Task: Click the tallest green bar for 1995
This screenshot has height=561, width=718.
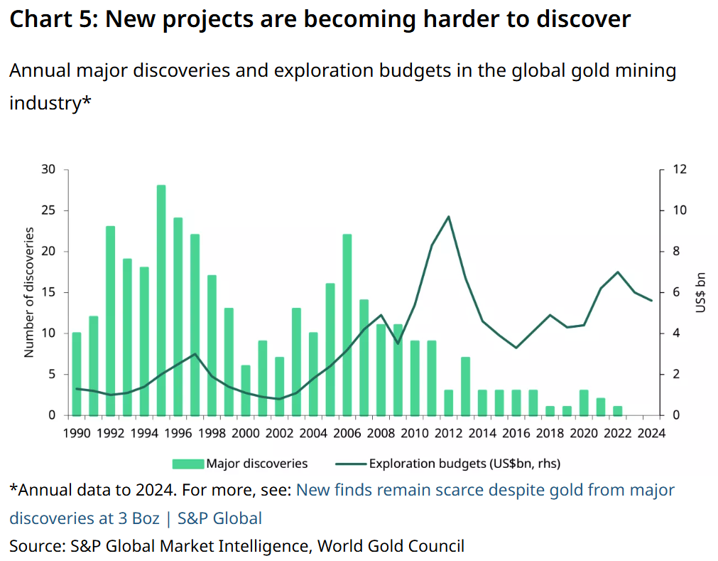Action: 161,299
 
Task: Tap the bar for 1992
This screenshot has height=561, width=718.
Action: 111,320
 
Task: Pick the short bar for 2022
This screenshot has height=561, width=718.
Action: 618,410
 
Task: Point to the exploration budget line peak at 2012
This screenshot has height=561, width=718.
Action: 449,216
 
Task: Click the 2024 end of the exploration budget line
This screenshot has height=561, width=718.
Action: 651,301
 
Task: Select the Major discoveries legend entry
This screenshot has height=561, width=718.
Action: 240,464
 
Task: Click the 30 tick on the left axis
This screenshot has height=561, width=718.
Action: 48,169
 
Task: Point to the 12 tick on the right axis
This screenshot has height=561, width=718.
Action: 680,169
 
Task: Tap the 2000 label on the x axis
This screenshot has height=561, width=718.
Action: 246,433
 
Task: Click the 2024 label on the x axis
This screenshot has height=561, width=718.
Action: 651,433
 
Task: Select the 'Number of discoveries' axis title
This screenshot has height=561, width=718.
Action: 30,292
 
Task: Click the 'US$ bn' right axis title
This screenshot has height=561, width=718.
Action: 700,292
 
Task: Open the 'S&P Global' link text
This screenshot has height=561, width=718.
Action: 220,518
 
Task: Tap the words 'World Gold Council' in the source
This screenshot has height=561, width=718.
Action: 391,546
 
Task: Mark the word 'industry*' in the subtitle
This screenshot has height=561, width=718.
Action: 50,102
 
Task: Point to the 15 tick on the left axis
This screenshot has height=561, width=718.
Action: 48,292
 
